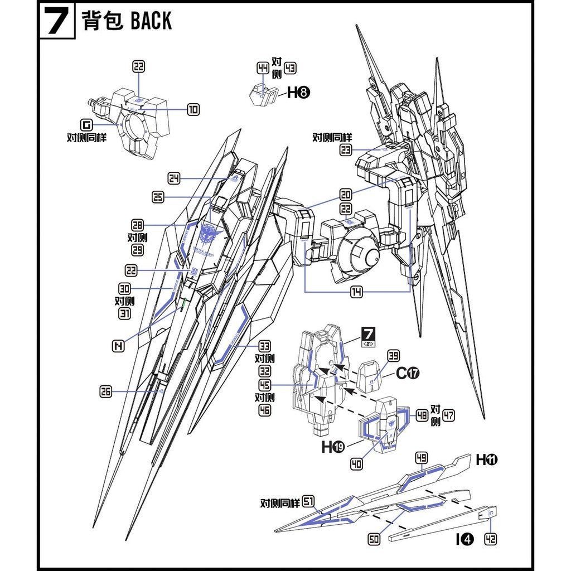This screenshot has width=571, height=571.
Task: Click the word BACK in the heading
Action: click(x=151, y=21)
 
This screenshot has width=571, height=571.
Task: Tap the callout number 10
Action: click(x=193, y=110)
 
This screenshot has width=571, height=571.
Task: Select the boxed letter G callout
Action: click(x=86, y=124)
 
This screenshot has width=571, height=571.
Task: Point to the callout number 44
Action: click(x=263, y=68)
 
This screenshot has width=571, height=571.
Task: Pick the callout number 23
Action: click(x=346, y=149)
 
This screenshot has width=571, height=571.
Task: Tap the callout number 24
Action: click(x=174, y=178)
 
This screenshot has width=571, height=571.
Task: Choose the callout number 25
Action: click(x=158, y=197)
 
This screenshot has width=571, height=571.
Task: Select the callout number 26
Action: click(x=106, y=392)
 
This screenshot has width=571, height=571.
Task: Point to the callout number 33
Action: click(x=264, y=346)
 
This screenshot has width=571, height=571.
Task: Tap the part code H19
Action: click(x=332, y=447)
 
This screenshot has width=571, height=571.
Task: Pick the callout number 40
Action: click(x=357, y=463)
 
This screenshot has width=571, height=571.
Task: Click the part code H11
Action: click(x=486, y=460)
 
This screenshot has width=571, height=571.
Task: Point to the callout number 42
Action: click(x=491, y=539)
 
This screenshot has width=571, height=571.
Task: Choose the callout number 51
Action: click(x=308, y=503)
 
